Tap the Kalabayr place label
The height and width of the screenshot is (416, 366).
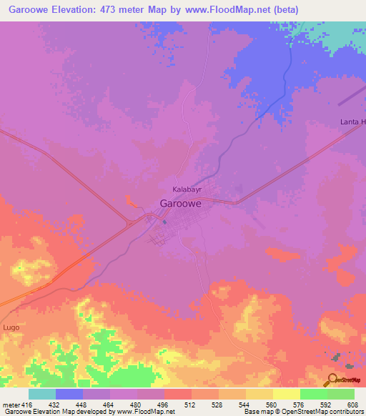click(x=187, y=189)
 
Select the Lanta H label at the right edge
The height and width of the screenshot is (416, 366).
click(x=352, y=122)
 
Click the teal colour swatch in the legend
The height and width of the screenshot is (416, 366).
click(x=42, y=394)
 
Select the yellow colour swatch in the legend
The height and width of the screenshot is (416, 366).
click(x=286, y=394)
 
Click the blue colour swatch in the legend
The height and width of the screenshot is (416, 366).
click(x=69, y=394)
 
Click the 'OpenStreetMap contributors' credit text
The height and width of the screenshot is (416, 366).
click(x=322, y=412)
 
